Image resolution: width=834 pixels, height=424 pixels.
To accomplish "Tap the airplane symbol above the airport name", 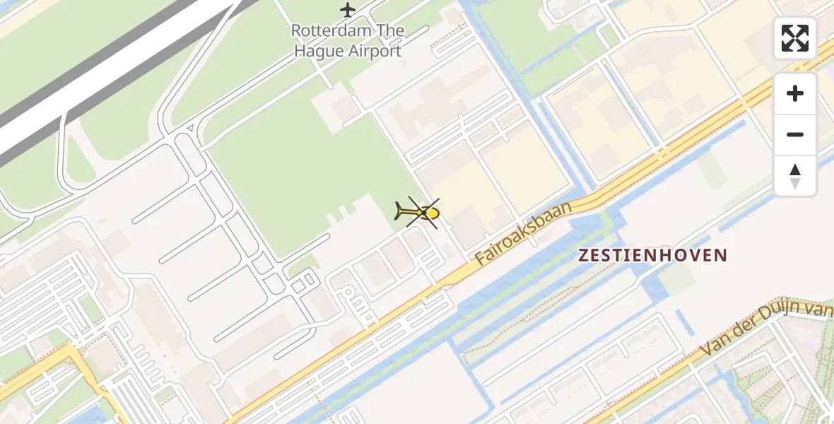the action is pos(348,10).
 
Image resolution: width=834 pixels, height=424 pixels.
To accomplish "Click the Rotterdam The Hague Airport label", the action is pos(348,41).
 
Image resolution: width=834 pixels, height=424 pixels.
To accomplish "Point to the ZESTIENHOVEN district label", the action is pos(652,255).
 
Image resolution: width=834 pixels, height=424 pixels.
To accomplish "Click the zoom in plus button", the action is pos(795,93).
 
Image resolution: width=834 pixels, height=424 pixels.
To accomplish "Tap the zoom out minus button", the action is pos(795,134).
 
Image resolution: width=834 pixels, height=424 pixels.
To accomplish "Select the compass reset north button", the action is pos(795,175).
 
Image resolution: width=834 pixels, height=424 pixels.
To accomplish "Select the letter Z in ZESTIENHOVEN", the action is pos(584,255).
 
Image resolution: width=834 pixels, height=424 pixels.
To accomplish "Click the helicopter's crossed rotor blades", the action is pos(424,213).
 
